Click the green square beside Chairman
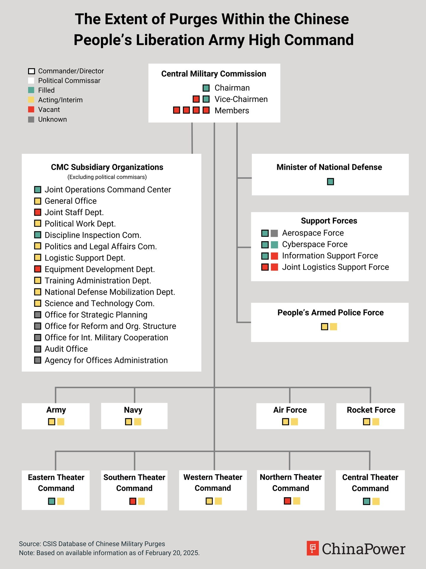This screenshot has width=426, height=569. pos(206,88)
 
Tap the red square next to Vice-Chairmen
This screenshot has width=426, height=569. pos(196,99)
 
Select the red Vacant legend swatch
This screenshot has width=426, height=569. pos(31,110)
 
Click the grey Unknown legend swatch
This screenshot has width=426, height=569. pos(31,119)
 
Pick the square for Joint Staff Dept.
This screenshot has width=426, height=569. pos(38,212)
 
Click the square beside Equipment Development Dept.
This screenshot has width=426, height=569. pos(38,269)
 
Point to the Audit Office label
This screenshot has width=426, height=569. pos(66,349)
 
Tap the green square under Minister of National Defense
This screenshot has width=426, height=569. pos(330,182)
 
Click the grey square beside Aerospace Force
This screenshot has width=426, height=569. pos(274,233)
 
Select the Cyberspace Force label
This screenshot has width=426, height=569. pos(315,244)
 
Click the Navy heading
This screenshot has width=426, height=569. pos(133,410)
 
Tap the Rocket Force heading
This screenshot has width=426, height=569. pos(371,410)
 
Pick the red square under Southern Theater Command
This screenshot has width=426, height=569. pos(133,501)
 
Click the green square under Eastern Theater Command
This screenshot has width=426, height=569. pos(51,501)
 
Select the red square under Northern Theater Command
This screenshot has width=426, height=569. pos(287,501)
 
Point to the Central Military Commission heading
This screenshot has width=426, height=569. pos(214,74)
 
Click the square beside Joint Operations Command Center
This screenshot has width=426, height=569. pos(38,190)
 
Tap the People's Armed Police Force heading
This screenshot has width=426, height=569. pos(330,313)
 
